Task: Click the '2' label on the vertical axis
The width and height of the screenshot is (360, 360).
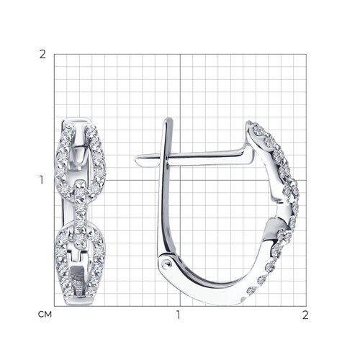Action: (42, 55)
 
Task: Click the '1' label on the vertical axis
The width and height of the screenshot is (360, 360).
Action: (42, 180)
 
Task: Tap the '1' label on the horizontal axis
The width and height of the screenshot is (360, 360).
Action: (178, 315)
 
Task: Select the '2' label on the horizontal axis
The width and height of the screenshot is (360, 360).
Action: (305, 315)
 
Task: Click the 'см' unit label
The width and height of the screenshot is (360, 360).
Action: (45, 315)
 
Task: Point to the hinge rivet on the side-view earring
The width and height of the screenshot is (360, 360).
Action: (165, 266)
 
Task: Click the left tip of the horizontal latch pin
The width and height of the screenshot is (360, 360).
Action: (135, 159)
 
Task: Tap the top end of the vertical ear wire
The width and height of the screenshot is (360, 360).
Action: (168, 119)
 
